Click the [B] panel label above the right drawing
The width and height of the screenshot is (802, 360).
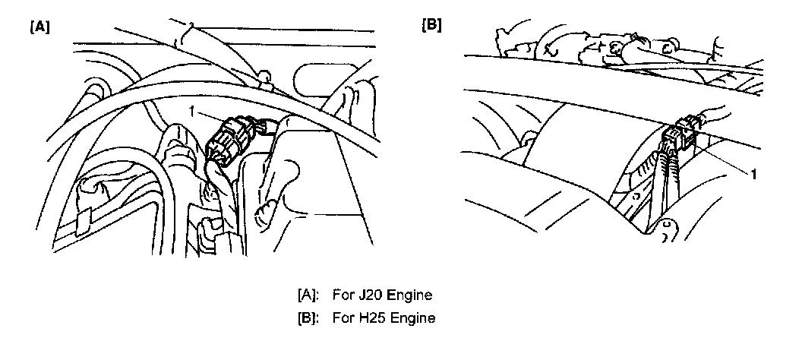coord(431,24)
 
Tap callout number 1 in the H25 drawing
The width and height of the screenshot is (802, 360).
coord(753,173)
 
